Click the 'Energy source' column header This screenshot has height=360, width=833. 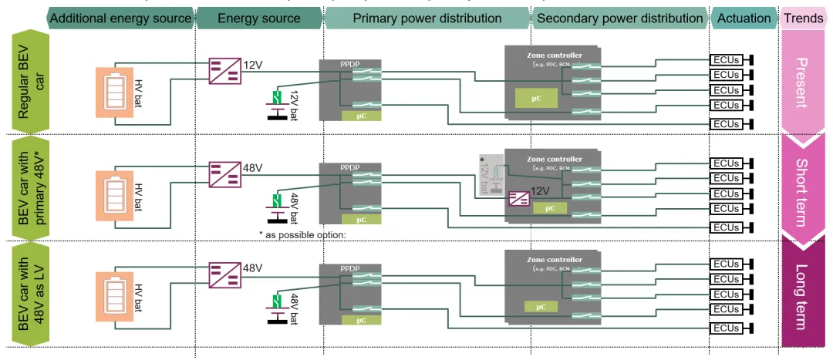pyautogui.click(x=259, y=18)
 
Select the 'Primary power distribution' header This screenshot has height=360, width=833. pyautogui.click(x=427, y=18)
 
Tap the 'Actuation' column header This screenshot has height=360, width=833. pyautogui.click(x=744, y=18)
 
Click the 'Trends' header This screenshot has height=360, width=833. pyautogui.click(x=802, y=18)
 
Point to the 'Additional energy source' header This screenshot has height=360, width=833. pyautogui.click(x=120, y=18)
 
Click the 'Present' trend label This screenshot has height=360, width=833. pyautogui.click(x=802, y=82)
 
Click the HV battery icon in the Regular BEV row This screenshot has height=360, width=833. pyautogui.click(x=113, y=93)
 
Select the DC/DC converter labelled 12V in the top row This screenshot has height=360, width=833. pyautogui.click(x=224, y=71)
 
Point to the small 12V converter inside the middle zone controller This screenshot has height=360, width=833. pyautogui.click(x=518, y=199)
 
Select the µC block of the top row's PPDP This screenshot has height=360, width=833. pyautogui.click(x=361, y=116)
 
